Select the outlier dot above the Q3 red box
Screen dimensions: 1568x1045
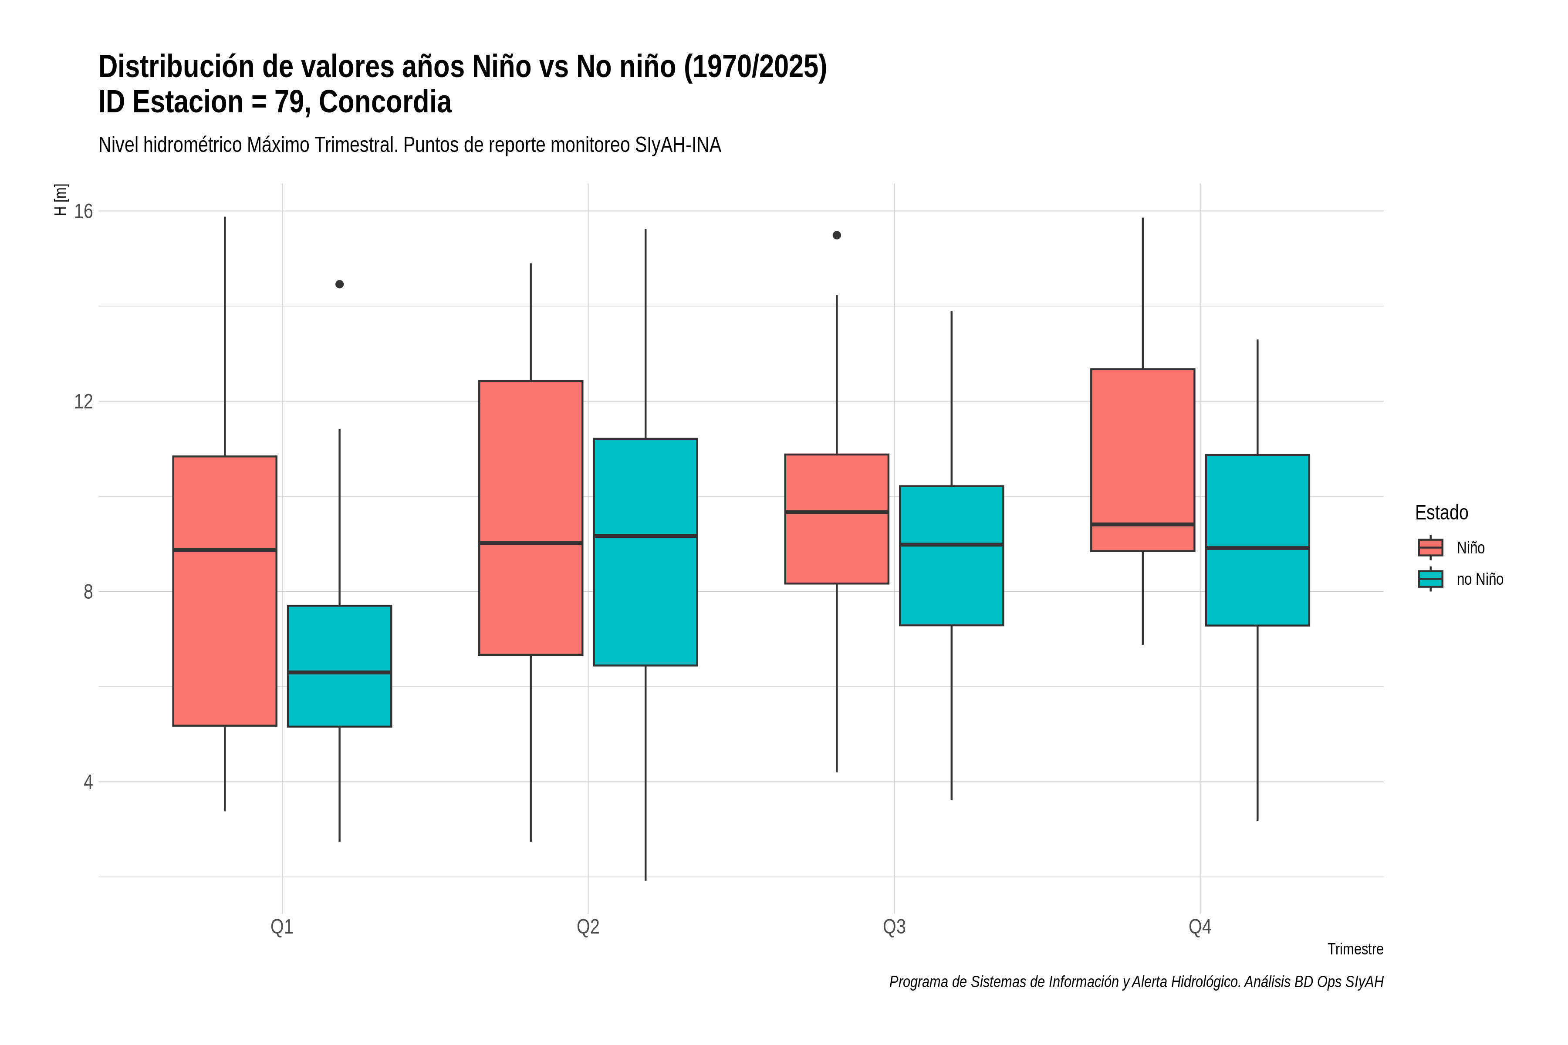(837, 235)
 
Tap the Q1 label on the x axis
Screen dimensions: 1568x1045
(282, 927)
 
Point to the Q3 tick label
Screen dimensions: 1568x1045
(894, 927)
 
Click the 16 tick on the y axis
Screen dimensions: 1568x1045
(83, 211)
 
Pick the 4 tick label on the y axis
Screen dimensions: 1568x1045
(88, 782)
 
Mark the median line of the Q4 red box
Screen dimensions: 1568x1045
(1142, 525)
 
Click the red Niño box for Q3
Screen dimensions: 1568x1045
(837, 519)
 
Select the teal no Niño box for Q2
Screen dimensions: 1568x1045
(645, 552)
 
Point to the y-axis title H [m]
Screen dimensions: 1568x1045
(61, 200)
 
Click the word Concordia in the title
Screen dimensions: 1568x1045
(385, 102)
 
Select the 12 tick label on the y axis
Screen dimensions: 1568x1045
(83, 401)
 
